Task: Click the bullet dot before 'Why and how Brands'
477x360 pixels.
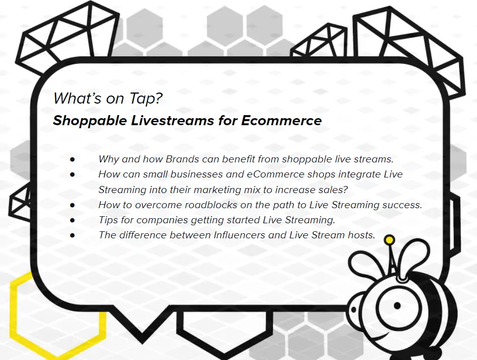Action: click(72, 159)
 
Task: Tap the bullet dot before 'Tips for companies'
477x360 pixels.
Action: click(72, 220)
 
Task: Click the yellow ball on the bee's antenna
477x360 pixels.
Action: click(389, 240)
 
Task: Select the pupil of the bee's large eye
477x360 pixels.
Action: click(397, 306)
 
